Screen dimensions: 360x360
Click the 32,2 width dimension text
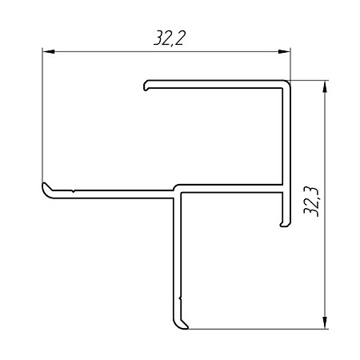tap(170, 38)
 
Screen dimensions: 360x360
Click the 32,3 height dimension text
tap(311, 202)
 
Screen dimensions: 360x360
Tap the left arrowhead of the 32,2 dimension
tap(49, 51)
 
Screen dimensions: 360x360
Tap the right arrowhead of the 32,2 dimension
tap(284, 51)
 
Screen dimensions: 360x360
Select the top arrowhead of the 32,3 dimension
tap(325, 86)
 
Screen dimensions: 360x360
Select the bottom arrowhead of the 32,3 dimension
tap(325, 322)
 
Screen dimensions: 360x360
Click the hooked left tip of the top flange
tap(146, 86)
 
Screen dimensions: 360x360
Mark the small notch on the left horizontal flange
tap(73, 191)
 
